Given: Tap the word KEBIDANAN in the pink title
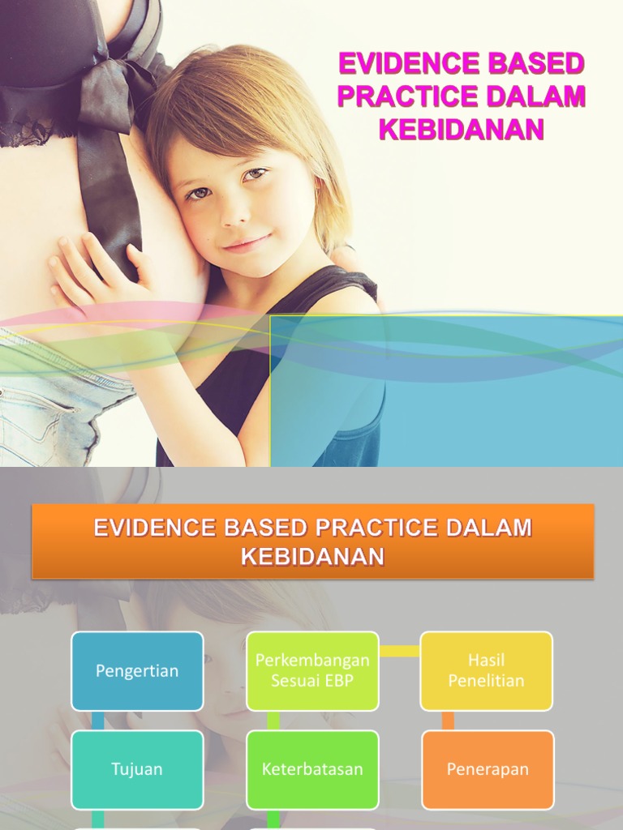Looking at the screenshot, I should [x=461, y=130].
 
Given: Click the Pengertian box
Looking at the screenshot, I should [x=137, y=671].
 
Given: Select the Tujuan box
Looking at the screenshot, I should [x=137, y=769].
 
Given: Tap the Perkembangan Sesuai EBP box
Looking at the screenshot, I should [x=312, y=671].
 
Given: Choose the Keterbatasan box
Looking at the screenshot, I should [x=312, y=769].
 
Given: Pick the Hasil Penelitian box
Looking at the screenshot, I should [x=486, y=671].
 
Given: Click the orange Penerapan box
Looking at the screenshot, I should [x=488, y=769].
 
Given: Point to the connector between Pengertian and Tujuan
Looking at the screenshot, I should [x=98, y=721].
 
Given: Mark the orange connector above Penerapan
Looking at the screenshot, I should [x=448, y=721].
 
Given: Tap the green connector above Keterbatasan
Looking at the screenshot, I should [x=273, y=721].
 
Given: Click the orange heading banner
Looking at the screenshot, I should [x=312, y=541].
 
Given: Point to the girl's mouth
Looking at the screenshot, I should [x=245, y=243].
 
